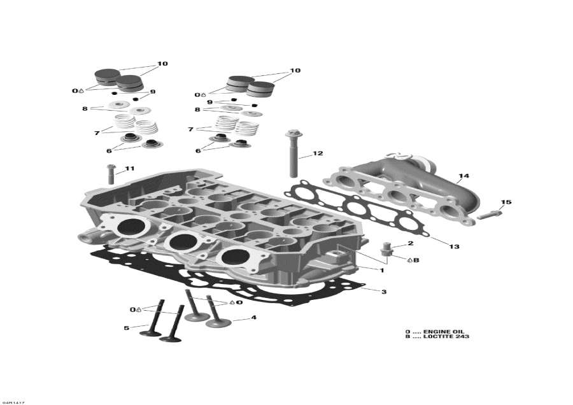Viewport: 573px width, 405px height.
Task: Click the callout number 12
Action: (318, 153)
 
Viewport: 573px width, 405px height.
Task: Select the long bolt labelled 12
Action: (294, 153)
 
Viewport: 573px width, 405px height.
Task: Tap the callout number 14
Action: (463, 176)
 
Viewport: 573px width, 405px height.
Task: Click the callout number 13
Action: (454, 246)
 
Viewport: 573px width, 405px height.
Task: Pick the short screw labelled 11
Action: (111, 174)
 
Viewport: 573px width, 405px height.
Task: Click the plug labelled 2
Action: (386, 251)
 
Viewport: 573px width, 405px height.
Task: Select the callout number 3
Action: (384, 292)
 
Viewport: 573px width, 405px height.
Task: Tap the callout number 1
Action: (382, 271)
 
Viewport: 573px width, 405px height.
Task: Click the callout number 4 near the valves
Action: (253, 318)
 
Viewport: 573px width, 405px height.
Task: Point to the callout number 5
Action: (127, 328)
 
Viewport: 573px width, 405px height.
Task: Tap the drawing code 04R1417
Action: (13, 402)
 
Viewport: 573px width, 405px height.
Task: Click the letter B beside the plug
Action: (416, 260)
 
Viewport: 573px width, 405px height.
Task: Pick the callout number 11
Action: (130, 169)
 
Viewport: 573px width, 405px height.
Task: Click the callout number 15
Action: (506, 202)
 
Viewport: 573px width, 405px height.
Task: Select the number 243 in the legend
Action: (462, 336)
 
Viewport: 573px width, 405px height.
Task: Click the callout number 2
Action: (411, 243)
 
